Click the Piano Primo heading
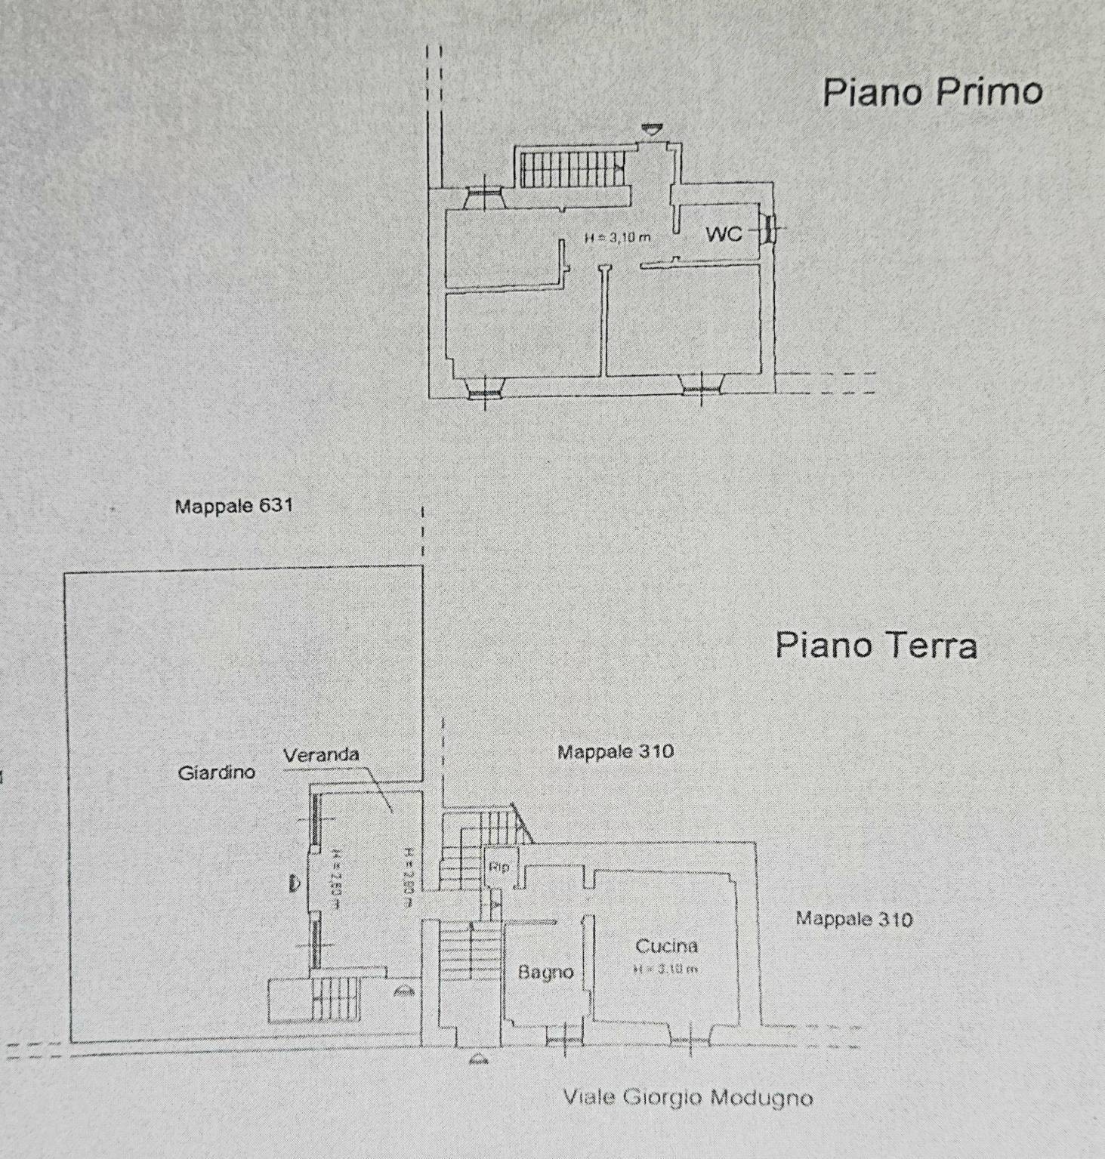[932, 92]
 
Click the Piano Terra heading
[876, 646]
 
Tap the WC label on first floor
[724, 234]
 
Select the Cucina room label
[666, 945]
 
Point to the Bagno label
[545, 973]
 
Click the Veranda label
[321, 754]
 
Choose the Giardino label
[217, 772]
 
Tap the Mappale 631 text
[233, 506]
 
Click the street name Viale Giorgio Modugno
[687, 1097]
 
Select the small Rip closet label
[498, 867]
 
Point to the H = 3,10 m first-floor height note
[617, 237]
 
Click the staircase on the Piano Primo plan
[572, 168]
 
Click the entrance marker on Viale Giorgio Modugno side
[479, 1059]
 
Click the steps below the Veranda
[336, 997]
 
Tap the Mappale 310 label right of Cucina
[853, 919]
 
